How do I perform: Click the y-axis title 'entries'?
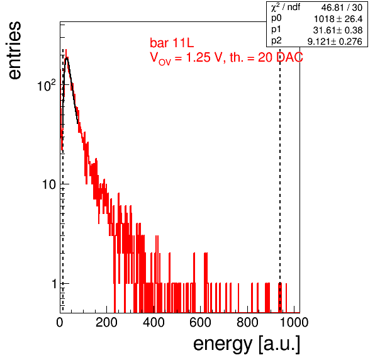(x=14, y=50)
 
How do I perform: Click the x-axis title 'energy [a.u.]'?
(x=247, y=344)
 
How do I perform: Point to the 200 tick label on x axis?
(x=106, y=322)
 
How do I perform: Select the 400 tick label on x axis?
(x=154, y=322)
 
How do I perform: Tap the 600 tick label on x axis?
(x=200, y=322)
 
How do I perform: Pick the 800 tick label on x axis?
(x=247, y=322)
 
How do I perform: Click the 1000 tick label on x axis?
(x=294, y=322)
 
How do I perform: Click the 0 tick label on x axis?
(x=60, y=322)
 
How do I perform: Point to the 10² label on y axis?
(x=47, y=86)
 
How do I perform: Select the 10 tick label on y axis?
(x=49, y=184)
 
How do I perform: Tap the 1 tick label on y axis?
(x=55, y=284)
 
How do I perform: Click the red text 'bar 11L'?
(x=172, y=43)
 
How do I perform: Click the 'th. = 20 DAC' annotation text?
(x=266, y=57)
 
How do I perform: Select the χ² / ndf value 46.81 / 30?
(x=342, y=8)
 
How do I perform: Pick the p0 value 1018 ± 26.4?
(x=338, y=19)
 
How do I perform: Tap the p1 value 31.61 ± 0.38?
(x=338, y=30)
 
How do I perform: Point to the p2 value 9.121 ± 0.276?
(x=335, y=42)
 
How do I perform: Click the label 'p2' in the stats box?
(x=276, y=41)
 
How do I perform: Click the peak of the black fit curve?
(x=67, y=58)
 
